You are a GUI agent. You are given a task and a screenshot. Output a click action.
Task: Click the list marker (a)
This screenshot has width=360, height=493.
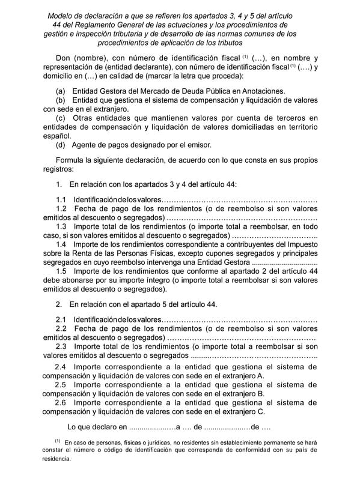(60, 91)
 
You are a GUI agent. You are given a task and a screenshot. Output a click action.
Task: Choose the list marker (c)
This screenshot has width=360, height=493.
(60, 118)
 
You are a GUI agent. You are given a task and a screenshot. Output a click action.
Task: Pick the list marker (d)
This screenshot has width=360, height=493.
(60, 145)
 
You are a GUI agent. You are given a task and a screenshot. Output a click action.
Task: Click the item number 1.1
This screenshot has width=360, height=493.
(62, 199)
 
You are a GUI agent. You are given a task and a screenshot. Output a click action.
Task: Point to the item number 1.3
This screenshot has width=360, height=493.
(62, 227)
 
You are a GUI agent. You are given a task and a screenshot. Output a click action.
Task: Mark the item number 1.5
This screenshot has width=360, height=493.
(62, 271)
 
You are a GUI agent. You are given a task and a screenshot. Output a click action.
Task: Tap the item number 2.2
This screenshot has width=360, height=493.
(62, 329)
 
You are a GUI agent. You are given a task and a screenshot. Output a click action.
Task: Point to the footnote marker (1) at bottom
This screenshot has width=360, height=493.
(57, 441)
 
